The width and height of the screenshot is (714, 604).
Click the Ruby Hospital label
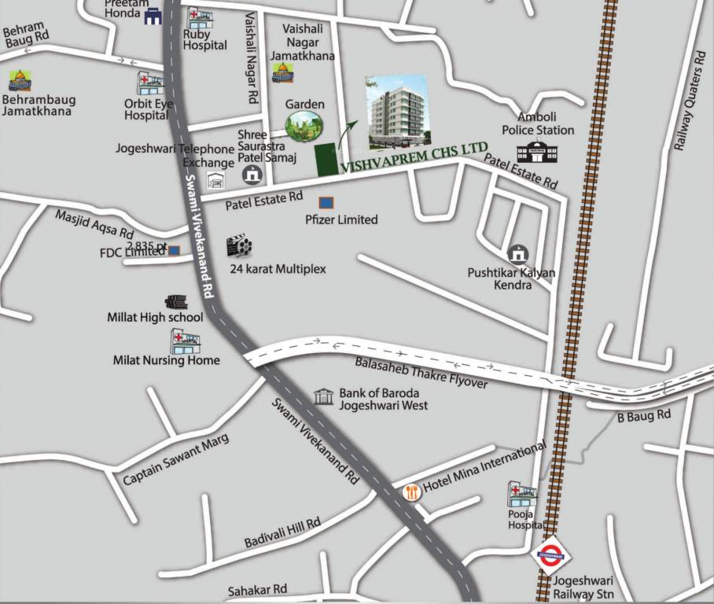click(x=204, y=40)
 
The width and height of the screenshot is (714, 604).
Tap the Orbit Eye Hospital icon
click(x=149, y=83)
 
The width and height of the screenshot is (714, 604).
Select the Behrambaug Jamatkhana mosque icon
click(x=20, y=80)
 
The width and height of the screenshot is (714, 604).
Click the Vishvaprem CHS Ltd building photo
click(x=397, y=111)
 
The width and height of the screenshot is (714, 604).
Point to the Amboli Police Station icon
click(x=536, y=151)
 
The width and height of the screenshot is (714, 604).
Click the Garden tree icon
click(x=304, y=126)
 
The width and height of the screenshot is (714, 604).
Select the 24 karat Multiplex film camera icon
click(x=239, y=247)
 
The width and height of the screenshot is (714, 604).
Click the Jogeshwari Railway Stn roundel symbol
click(x=550, y=555)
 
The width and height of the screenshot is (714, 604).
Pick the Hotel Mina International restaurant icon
click(x=411, y=492)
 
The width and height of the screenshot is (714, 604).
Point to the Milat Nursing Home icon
click(x=186, y=341)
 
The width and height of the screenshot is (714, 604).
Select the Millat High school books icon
click(x=175, y=301)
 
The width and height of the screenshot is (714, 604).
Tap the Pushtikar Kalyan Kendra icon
click(x=517, y=254)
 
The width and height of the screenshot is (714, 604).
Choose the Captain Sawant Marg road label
click(x=176, y=459)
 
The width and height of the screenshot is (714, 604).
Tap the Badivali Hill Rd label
click(x=282, y=532)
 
